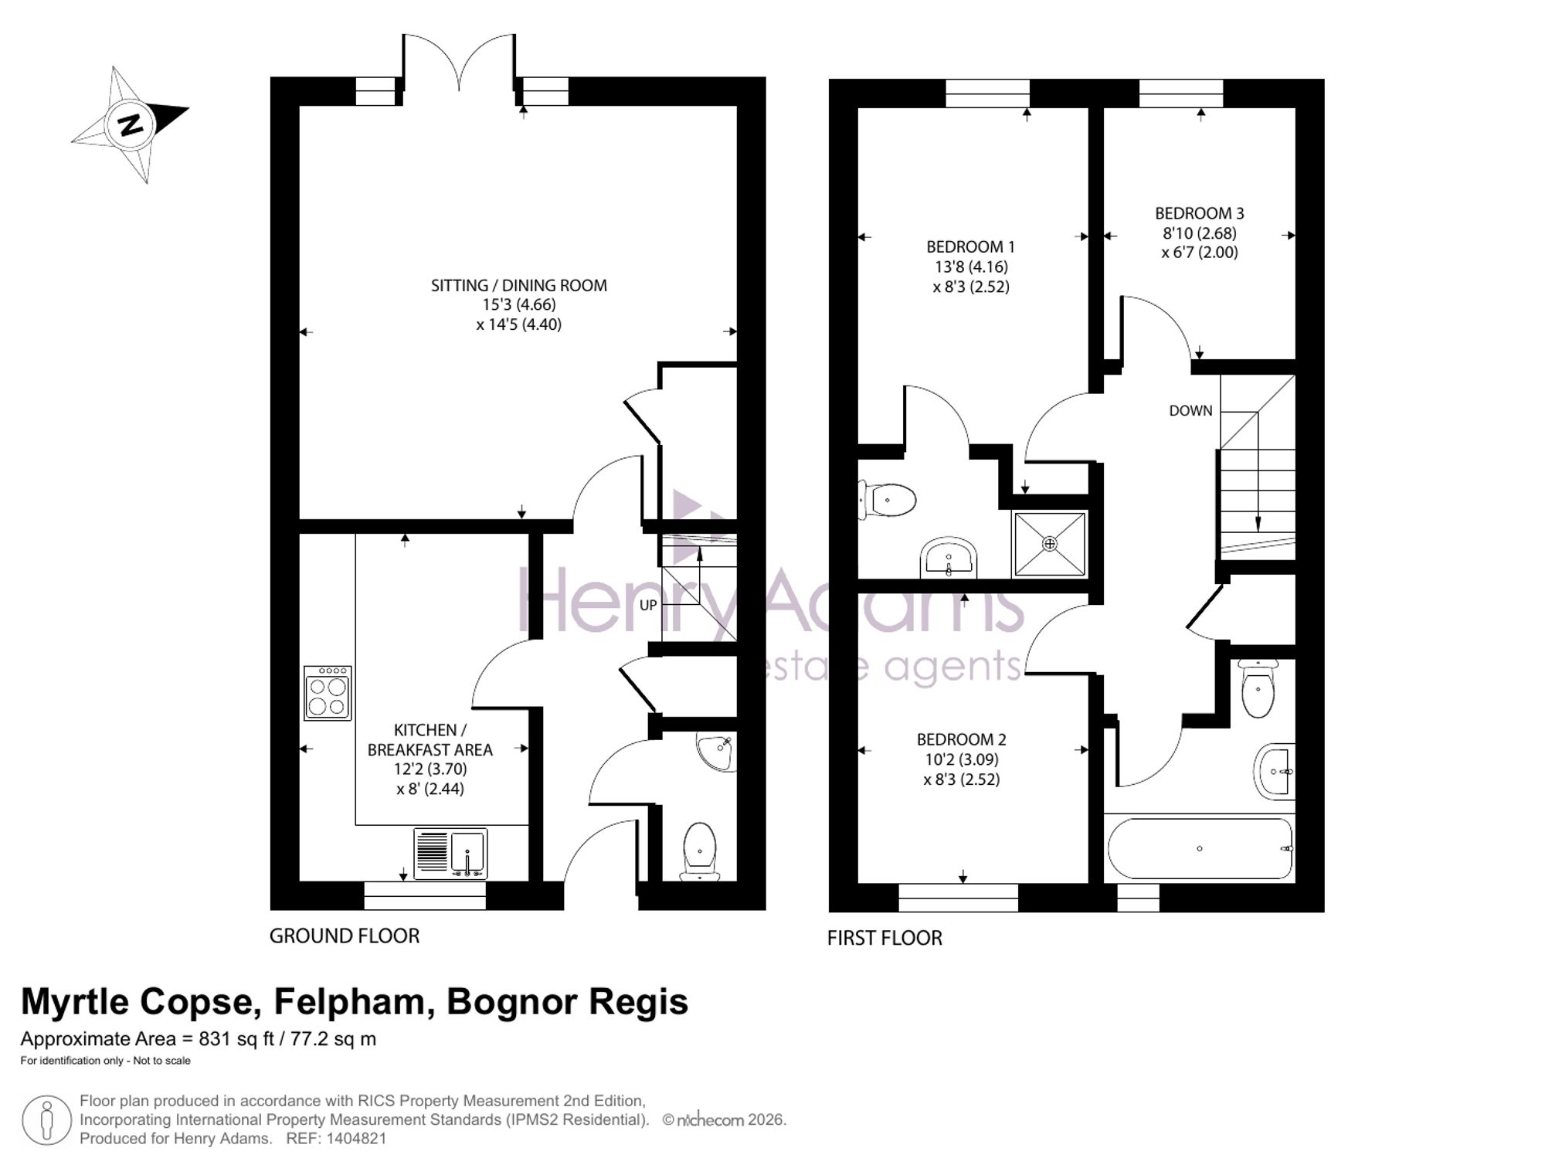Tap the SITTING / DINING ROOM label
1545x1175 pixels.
[518, 286]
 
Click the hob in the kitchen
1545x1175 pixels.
[328, 693]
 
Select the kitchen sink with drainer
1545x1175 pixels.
[450, 854]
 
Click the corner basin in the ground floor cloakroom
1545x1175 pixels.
[717, 753]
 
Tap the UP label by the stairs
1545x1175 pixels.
[648, 605]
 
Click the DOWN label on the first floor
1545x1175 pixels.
[1190, 411]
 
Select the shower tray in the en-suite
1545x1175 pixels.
[1050, 544]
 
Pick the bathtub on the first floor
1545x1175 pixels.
[1200, 848]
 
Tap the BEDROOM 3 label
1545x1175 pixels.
[1200, 213]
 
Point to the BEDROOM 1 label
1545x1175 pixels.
[970, 247]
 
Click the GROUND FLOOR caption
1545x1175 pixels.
[345, 936]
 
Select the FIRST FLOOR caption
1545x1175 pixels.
[885, 939]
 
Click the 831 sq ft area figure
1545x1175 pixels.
[236, 1040]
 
